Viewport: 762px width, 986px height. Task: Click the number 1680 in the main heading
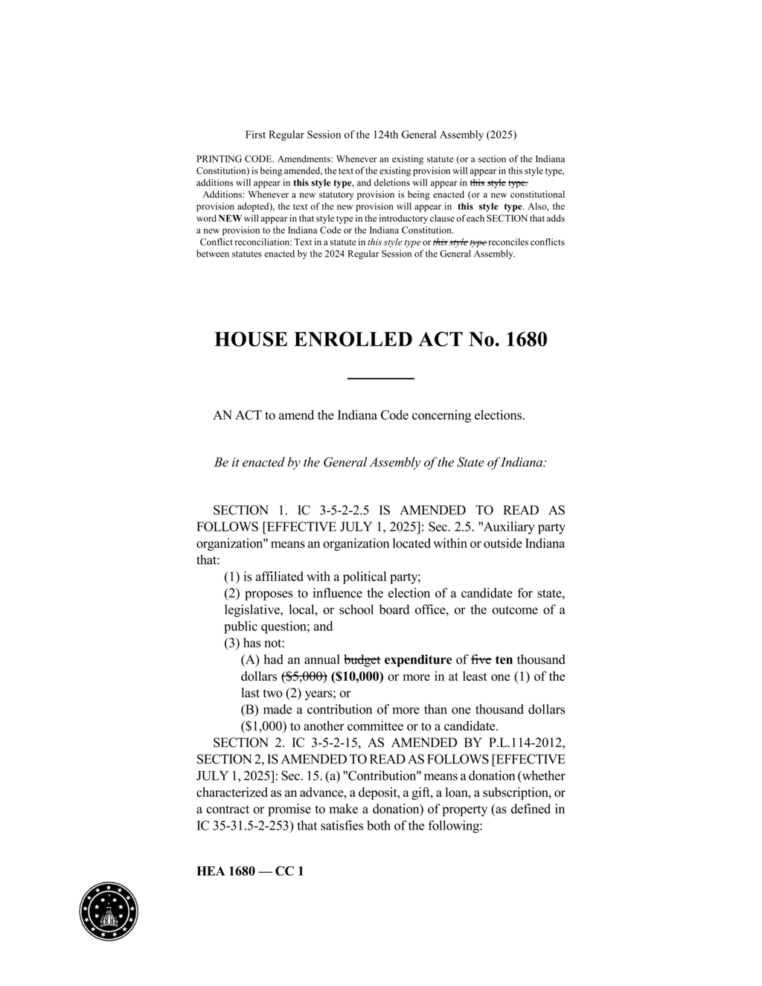pyautogui.click(x=526, y=339)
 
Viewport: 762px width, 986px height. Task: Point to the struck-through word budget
pyautogui.click(x=362, y=659)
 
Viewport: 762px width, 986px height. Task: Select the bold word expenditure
pyautogui.click(x=418, y=659)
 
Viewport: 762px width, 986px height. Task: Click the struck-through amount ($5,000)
pyautogui.click(x=303, y=676)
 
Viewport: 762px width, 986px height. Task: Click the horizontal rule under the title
pyautogui.click(x=381, y=379)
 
